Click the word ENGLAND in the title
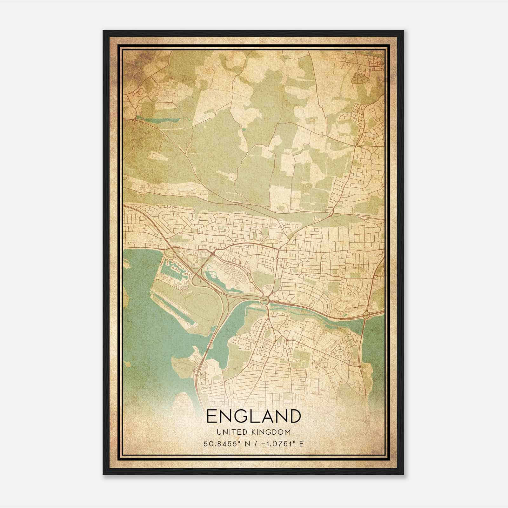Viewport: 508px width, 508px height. click(253, 416)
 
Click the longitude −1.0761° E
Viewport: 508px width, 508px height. click(283, 444)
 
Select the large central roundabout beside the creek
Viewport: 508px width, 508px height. click(264, 299)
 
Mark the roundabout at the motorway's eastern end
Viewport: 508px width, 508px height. click(366, 315)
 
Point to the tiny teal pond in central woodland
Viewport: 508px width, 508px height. click(244, 129)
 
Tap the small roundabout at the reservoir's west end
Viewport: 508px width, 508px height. click(136, 120)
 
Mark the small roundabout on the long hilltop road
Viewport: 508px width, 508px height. click(237, 203)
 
